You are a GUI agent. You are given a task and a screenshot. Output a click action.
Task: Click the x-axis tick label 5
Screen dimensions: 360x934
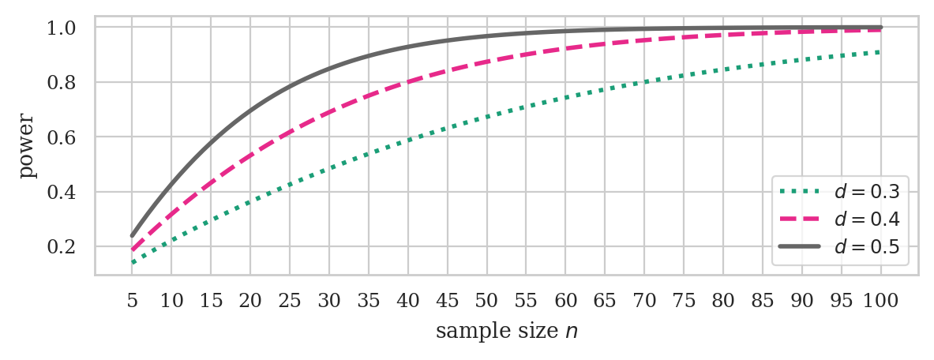coord(132,302)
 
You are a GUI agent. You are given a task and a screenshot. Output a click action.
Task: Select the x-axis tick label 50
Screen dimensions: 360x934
coord(486,302)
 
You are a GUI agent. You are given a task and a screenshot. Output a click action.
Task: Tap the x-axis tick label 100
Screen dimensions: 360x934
coord(880,302)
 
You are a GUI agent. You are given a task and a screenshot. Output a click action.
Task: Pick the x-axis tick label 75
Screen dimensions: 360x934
coord(684,302)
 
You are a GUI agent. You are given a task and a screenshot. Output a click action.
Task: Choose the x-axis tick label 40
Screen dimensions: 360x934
coord(408,302)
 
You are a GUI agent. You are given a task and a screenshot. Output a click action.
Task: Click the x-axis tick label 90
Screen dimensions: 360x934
coord(802,302)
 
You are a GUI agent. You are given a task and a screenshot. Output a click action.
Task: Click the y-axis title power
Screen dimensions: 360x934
coord(28,146)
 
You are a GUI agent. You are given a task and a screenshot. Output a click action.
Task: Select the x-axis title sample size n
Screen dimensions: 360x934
coord(506,332)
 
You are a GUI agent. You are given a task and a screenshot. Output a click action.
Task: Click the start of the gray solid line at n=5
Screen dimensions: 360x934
coord(132,235)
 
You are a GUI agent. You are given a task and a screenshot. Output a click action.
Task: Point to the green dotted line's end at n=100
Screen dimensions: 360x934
coord(880,52)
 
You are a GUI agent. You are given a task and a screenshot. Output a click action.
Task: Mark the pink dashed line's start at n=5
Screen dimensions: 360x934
coord(132,250)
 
